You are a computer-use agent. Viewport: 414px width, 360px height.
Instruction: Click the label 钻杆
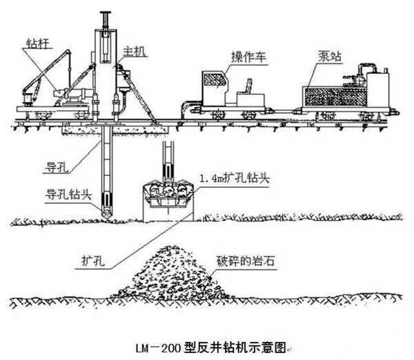pos(27,44)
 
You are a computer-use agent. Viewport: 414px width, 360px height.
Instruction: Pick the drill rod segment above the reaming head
pos(168,159)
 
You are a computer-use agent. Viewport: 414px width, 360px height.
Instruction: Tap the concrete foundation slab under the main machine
pos(114,128)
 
